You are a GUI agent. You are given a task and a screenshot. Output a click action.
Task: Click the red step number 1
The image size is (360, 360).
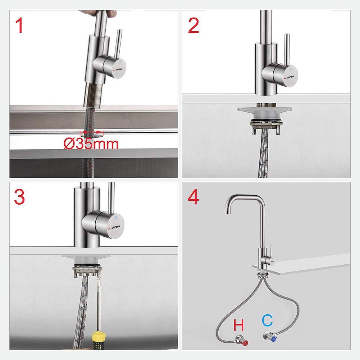click(19, 26)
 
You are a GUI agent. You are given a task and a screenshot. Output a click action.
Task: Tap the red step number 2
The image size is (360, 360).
click(193, 26)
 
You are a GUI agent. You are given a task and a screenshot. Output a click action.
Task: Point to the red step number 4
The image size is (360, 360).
click(193, 197)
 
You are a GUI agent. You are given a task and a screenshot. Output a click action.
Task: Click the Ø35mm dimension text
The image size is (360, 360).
click(91, 144)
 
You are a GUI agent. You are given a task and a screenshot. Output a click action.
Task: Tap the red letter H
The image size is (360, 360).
click(238, 325)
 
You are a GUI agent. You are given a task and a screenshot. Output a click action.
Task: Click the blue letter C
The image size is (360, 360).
click(268, 320)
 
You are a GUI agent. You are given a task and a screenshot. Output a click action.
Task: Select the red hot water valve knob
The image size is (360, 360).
click(245, 343)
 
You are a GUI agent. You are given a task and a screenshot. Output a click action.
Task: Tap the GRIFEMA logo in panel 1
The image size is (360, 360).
click(119, 69)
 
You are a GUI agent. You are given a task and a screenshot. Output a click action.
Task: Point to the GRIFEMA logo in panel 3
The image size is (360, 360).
click(116, 227)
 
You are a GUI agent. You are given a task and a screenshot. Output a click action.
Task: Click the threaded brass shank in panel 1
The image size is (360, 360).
click(94, 95)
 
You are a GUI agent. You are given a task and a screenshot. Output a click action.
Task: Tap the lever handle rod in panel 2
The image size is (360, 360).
click(287, 50)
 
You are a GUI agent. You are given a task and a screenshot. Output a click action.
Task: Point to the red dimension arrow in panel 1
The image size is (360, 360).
click(92, 132)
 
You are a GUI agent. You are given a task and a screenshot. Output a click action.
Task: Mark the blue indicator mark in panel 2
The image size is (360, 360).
click(291, 68)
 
